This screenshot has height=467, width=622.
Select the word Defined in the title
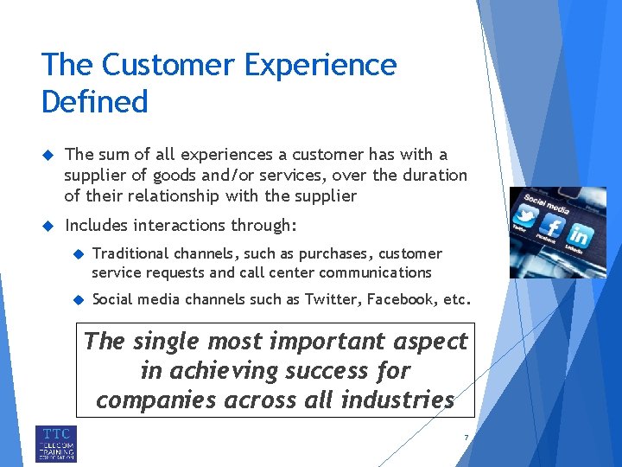[x=95, y=102]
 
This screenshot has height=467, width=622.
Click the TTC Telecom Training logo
[x=56, y=443]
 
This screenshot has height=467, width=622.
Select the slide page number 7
[x=466, y=438]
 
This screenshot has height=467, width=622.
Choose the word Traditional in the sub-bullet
[x=130, y=253]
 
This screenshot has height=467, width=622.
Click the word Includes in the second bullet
[x=92, y=226]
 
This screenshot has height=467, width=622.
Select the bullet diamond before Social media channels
[x=76, y=300]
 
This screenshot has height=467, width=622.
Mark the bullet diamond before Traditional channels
[x=76, y=253]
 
